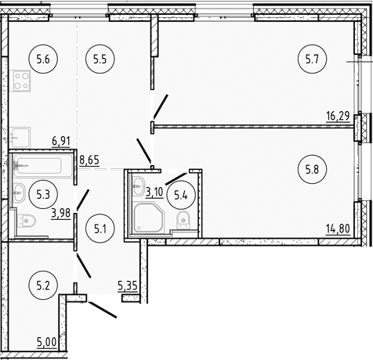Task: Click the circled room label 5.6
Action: click(42, 57)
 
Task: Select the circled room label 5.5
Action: click(99, 57)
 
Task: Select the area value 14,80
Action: click(337, 229)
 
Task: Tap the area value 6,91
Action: click(62, 141)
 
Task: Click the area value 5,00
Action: click(47, 342)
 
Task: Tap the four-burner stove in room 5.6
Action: click(21, 81)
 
